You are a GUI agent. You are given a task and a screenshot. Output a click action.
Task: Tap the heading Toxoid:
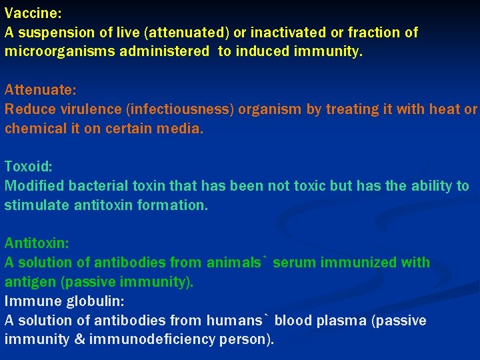coord(27,166)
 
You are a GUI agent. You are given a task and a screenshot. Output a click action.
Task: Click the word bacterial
coord(96,186)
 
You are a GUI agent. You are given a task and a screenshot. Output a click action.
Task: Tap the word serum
coord(294,263)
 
